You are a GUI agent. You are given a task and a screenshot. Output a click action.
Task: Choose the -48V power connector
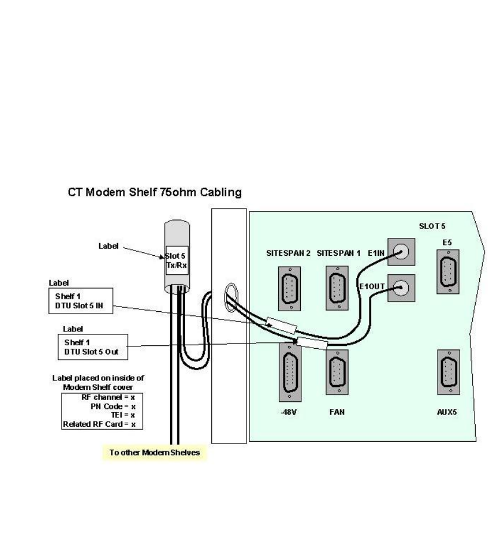click(289, 372)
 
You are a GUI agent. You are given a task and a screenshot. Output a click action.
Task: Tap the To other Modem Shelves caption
click(154, 453)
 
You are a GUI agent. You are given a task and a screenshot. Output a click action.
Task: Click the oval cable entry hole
click(230, 298)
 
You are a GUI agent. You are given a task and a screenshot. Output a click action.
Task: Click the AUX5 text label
click(447, 412)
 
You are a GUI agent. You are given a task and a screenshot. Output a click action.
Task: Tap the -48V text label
click(289, 412)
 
